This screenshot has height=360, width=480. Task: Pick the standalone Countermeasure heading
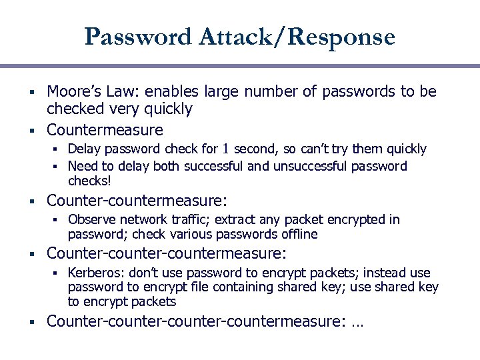105,129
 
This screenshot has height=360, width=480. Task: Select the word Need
81,166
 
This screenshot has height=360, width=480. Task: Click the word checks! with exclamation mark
89,181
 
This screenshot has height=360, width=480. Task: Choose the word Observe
91,219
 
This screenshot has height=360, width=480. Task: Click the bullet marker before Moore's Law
32,91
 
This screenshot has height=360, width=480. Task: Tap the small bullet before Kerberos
59,273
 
